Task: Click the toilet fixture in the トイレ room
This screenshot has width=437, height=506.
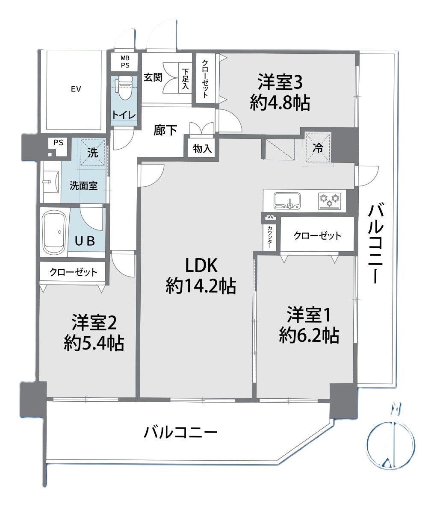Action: tap(125, 88)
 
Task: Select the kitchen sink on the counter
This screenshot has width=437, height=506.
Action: tap(287, 201)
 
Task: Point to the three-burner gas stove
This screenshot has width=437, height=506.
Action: tap(329, 201)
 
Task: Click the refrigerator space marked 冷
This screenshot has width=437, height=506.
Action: tap(318, 148)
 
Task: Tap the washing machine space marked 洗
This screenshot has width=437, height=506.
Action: tap(93, 152)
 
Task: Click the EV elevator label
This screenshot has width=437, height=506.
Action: tap(76, 89)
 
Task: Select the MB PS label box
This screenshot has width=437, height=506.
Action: tap(125, 62)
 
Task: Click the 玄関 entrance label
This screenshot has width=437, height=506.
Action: tap(153, 77)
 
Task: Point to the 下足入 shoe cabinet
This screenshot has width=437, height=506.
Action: tap(185, 78)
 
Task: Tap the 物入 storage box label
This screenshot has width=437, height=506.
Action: tap(202, 149)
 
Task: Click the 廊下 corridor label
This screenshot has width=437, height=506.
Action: tap(165, 130)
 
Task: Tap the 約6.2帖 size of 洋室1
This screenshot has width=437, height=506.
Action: tap(309, 335)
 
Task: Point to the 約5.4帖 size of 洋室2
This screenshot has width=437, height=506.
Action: tap(94, 343)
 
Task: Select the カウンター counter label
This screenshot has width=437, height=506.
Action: tap(270, 236)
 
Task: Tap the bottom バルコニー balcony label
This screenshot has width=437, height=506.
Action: tap(180, 432)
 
